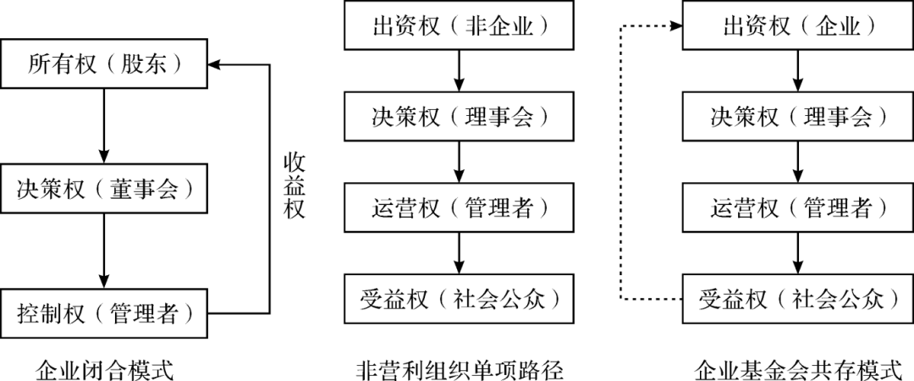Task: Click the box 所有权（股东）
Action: (104, 63)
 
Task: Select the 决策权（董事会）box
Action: (104, 190)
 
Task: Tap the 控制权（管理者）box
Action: (104, 315)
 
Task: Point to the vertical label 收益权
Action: (294, 185)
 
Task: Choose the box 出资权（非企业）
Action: (459, 26)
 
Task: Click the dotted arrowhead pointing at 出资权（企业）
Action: (676, 26)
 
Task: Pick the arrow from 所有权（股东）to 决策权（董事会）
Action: (104, 123)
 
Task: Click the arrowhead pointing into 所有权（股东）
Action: (216, 63)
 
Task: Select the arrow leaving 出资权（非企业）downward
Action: (459, 70)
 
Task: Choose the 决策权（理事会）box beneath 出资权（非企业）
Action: (459, 117)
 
